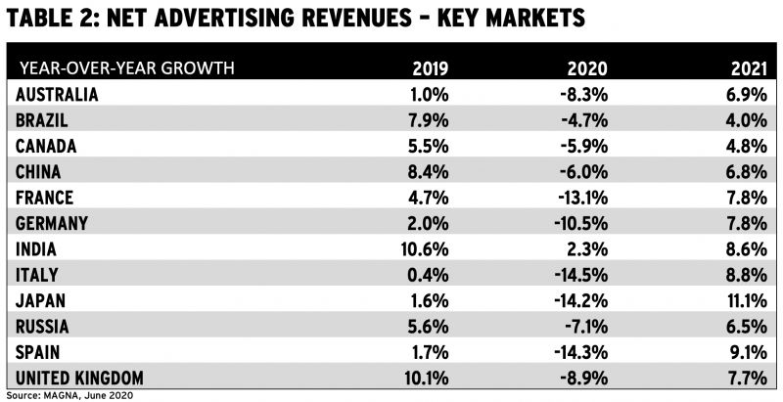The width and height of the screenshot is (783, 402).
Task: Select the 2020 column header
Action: (x=585, y=69)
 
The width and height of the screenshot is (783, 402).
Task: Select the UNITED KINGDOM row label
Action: (x=81, y=378)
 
